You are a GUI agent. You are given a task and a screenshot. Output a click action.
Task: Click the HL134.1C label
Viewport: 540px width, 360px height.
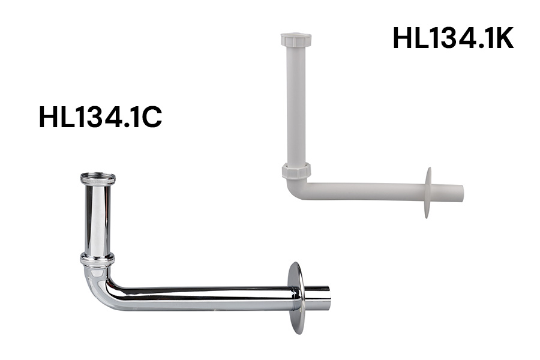point(100,117)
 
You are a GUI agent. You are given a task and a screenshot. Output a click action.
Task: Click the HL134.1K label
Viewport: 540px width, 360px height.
point(453,38)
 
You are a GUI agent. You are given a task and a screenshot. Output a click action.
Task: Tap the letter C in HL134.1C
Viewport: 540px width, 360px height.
point(151,117)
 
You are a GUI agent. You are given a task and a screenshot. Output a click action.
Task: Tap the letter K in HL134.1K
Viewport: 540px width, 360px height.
point(503,38)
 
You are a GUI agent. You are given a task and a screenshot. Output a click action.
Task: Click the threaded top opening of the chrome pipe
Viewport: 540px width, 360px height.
point(98,178)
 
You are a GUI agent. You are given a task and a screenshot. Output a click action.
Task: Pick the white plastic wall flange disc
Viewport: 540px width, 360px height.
point(428,193)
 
